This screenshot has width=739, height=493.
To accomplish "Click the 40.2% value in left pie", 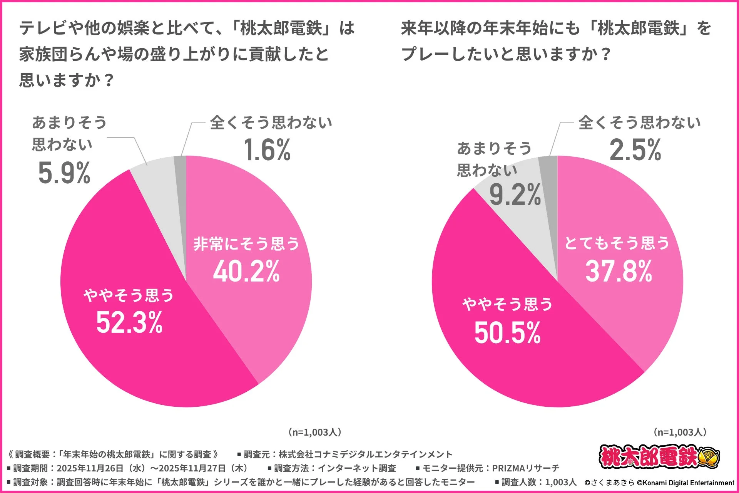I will [x=246, y=272].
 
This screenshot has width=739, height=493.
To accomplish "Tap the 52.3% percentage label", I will [x=129, y=323].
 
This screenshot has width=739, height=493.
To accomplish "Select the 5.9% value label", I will [x=64, y=173].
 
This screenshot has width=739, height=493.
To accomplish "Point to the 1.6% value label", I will [x=267, y=150].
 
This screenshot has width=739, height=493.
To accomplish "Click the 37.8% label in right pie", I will [x=619, y=271].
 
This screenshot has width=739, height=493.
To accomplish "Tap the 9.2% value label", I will [x=515, y=195].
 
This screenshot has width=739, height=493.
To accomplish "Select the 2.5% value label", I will [x=635, y=150].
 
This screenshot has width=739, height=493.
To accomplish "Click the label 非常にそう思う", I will [x=246, y=244].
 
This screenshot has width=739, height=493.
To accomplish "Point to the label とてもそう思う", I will [x=617, y=243].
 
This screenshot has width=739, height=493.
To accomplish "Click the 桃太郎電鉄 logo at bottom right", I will [x=659, y=457].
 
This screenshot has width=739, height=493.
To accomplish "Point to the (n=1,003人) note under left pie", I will [x=315, y=432].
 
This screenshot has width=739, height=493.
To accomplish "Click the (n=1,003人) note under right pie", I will [x=680, y=432].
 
